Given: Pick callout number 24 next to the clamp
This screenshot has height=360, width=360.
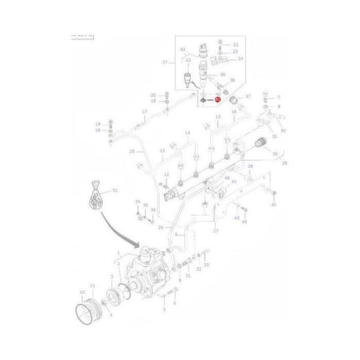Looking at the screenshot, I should (x=240, y=59).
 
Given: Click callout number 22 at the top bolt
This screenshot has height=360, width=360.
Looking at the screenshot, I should (x=236, y=44).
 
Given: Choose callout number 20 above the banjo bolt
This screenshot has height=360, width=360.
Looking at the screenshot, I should (x=154, y=95).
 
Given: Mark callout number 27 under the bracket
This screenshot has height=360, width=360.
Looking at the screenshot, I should (x=216, y=230).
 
